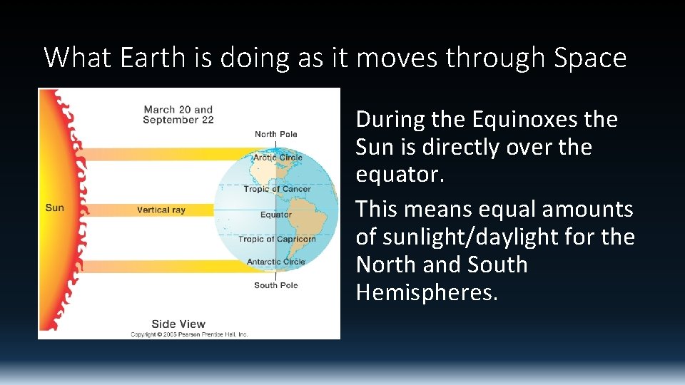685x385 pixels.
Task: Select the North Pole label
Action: (275, 134)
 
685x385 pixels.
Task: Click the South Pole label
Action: (275, 285)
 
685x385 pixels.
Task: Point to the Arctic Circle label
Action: (278, 158)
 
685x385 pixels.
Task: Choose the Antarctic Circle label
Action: (275, 262)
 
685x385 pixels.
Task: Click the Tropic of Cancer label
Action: (277, 189)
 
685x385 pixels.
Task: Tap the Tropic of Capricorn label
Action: (277, 239)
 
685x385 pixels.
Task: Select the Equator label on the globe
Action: (276, 215)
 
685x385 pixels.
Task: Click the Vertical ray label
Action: (161, 210)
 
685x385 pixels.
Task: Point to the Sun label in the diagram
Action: (54, 207)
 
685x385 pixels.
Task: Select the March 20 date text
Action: (168, 110)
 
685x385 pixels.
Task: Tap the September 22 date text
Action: (178, 120)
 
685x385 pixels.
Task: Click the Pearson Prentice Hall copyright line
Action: (189, 334)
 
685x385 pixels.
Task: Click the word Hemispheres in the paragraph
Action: (426, 292)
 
